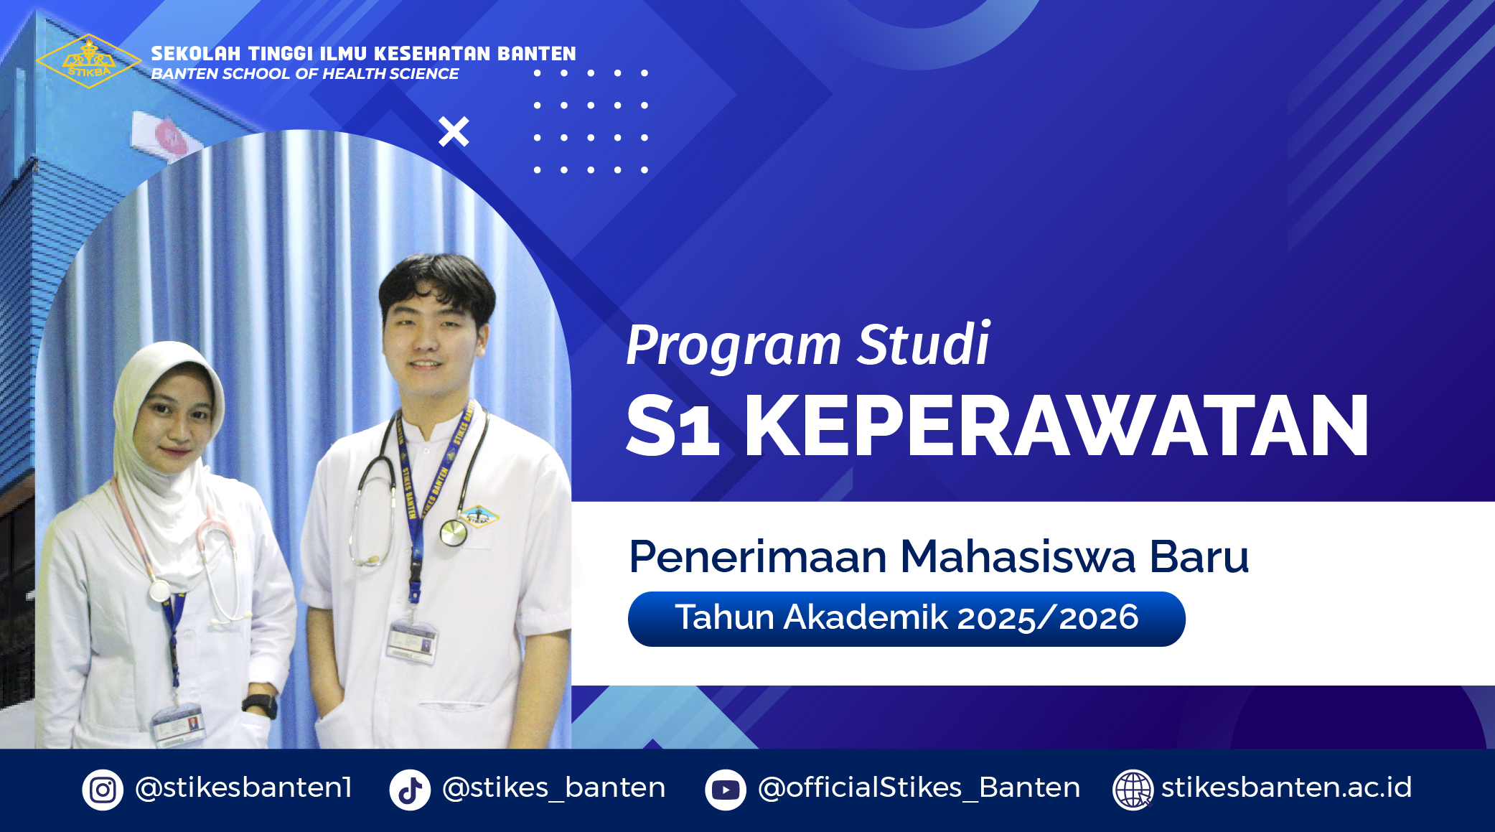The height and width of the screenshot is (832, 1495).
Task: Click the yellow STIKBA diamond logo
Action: click(88, 61)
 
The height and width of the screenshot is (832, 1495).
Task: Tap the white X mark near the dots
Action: click(454, 131)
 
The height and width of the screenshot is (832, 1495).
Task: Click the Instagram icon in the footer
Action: click(103, 790)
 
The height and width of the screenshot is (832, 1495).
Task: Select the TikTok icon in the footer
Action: click(410, 790)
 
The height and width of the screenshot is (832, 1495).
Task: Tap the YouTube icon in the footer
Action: click(726, 790)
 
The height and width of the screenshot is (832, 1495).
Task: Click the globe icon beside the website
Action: click(1133, 790)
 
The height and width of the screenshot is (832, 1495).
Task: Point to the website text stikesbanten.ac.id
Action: click(1286, 787)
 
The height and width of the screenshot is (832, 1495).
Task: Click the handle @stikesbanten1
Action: click(243, 787)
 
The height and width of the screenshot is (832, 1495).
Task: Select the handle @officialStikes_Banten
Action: click(919, 788)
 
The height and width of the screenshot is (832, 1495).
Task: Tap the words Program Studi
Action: click(807, 345)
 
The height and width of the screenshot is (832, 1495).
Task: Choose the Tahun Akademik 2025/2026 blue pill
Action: click(906, 619)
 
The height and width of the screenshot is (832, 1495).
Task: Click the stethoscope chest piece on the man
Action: click(453, 533)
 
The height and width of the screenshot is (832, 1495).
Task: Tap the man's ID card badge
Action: click(412, 640)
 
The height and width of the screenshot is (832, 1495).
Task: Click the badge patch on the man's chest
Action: click(479, 515)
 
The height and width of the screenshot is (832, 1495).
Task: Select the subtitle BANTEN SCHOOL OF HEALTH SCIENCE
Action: click(304, 74)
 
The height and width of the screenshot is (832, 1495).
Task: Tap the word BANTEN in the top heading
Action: click(537, 54)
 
